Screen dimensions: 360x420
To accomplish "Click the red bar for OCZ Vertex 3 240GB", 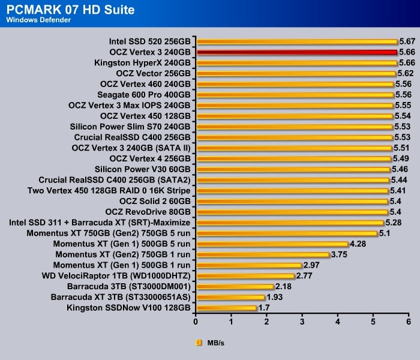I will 297,52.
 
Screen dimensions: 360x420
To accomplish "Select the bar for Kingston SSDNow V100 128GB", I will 227,308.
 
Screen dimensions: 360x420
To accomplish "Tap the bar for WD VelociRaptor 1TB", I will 245,276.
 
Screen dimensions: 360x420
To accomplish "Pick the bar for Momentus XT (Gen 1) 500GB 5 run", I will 272,244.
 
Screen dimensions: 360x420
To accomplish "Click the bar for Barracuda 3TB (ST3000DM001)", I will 235,287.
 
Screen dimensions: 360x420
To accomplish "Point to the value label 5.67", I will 407,42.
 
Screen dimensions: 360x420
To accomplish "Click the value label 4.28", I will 358,244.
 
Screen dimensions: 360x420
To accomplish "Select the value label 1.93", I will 274,298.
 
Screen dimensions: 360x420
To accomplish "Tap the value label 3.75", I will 339,254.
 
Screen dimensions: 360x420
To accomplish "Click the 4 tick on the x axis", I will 338,322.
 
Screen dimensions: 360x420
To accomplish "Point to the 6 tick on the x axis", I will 409,322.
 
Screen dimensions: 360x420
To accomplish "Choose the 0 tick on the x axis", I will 196,322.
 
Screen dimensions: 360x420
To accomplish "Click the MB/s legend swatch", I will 199,343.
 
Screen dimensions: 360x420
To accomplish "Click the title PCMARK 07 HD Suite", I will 70,10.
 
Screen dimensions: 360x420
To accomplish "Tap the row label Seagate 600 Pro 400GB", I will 144,95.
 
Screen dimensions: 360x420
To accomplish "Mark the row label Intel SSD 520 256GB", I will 150,42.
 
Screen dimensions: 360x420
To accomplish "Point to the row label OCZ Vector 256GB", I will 154,74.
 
